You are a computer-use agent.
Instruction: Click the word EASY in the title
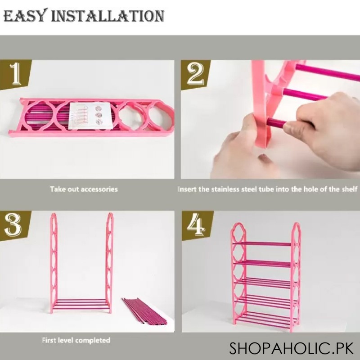[25, 16]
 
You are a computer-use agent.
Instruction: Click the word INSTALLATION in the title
[108, 16]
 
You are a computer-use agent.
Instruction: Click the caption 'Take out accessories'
[84, 189]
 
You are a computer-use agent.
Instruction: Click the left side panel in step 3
[54, 261]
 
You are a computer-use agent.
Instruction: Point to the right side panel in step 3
[110, 261]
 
